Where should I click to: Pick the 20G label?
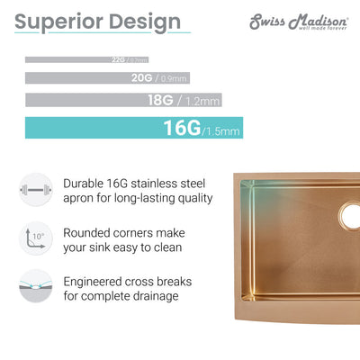coord(141,78)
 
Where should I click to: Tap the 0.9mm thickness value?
coord(172,79)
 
